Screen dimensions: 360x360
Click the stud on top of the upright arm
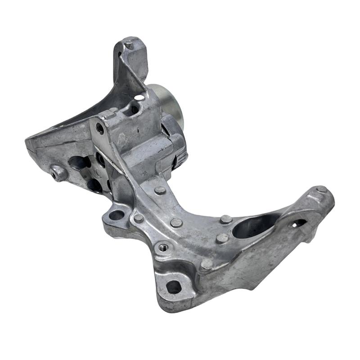click(130, 45)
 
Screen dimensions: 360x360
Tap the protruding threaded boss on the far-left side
click(57, 173)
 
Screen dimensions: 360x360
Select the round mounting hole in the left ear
click(117, 215)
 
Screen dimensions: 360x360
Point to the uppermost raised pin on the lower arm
click(159, 190)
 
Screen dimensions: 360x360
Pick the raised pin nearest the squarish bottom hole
click(207, 265)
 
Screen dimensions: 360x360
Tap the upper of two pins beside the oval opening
click(226, 219)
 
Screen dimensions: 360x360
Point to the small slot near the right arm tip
click(298, 223)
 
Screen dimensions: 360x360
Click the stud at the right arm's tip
click(321, 189)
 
